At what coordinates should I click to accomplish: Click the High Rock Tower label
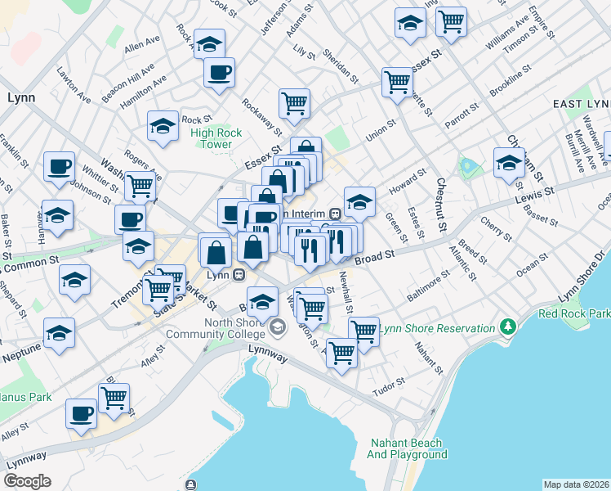coord(216,138)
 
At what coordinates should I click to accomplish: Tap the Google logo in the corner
coord(27,481)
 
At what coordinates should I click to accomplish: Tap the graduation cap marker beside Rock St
coord(163,126)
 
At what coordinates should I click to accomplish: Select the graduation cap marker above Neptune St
coord(60,333)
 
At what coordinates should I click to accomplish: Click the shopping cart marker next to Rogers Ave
coord(140,185)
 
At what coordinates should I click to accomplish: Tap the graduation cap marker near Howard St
coord(359,200)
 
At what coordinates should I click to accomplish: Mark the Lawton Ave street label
coord(74,84)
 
